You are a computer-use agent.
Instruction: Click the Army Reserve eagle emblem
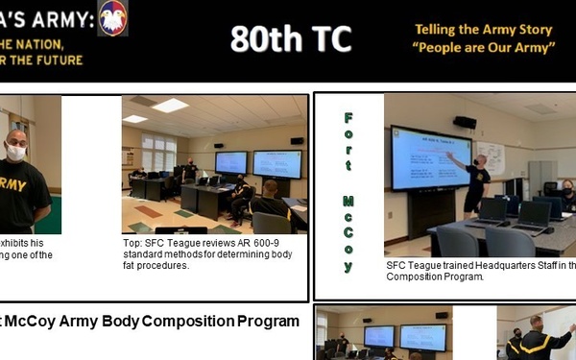click(x=112, y=18)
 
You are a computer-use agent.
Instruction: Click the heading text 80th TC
click(x=290, y=39)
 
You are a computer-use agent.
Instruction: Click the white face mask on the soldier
click(x=16, y=152)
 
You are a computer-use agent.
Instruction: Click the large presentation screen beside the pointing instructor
click(x=430, y=157)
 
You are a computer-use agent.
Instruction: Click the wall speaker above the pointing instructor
click(x=465, y=123)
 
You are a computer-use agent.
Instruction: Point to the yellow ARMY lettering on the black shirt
click(x=14, y=183)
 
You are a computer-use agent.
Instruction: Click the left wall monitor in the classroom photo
click(x=230, y=162)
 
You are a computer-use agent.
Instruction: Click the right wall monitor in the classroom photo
click(x=276, y=163)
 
